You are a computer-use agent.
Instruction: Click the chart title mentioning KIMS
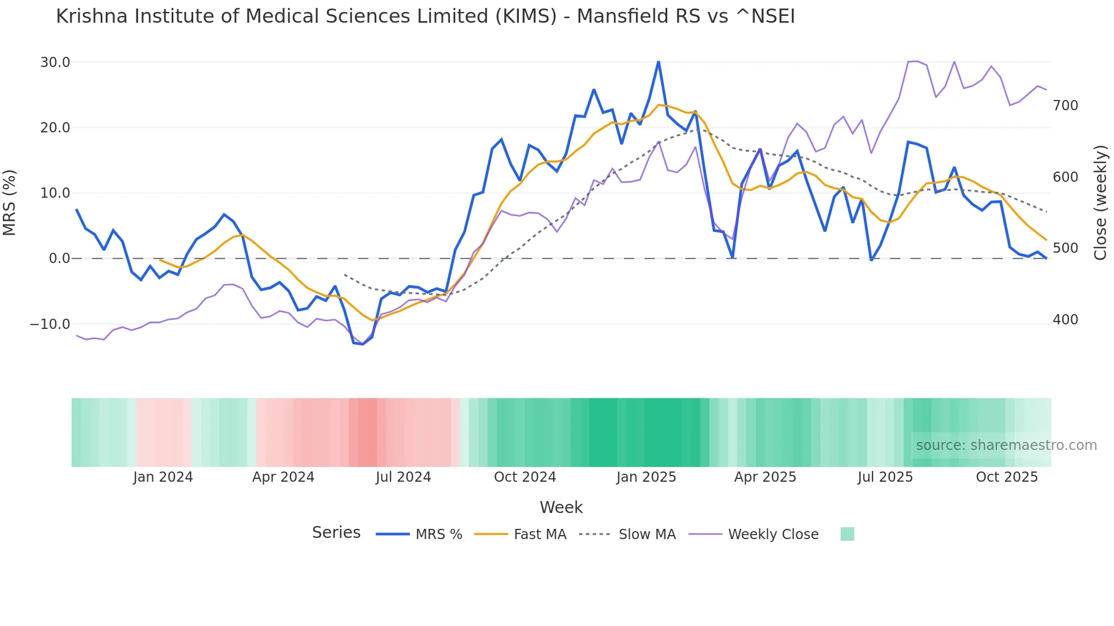425,16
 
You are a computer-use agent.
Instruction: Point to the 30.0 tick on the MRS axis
55,62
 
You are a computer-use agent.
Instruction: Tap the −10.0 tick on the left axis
50,324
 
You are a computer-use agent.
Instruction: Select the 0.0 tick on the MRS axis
59,258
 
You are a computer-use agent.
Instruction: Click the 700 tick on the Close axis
1065,106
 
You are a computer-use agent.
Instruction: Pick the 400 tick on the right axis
1065,320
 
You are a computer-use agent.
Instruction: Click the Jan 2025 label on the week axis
646,477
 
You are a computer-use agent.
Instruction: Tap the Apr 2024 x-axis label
283,477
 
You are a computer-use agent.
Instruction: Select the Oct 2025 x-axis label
1007,477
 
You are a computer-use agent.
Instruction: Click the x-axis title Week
561,507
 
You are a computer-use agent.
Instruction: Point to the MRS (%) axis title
10,203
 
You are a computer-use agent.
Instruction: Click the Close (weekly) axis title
1100,203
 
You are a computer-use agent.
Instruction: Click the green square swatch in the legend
847,535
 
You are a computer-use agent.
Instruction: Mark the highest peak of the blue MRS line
658,62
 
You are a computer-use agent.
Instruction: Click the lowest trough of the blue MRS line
363,344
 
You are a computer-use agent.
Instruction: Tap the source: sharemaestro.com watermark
1006,445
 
